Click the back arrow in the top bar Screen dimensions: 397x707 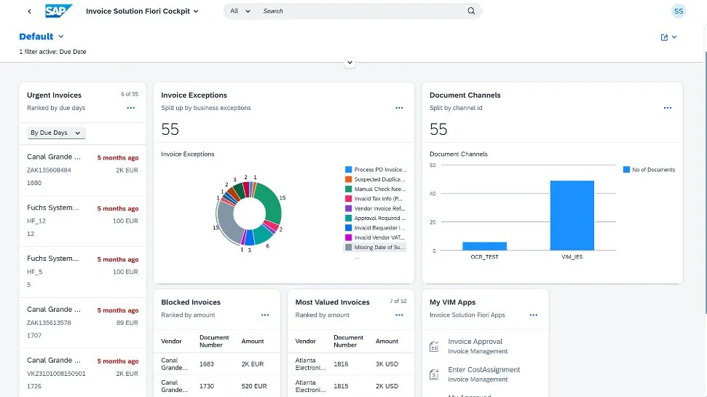tap(29, 12)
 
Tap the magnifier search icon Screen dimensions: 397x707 tap(471, 11)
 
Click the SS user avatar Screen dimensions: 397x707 tap(679, 11)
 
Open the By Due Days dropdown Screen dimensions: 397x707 tap(56, 133)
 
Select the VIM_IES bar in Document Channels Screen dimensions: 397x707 tap(572, 216)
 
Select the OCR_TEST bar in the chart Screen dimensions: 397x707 tap(484, 246)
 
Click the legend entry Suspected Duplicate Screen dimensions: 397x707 tap(379, 179)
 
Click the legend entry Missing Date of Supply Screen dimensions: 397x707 tap(379, 248)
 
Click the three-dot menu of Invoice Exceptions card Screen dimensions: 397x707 tap(399, 108)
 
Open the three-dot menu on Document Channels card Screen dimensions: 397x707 tap(667, 108)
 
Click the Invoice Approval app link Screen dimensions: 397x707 tap(475, 342)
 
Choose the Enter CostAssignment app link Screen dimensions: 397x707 tap(483, 370)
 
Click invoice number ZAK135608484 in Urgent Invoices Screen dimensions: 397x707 tap(49, 170)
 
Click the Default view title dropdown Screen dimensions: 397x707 tap(42, 36)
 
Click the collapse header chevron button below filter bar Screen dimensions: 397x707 tap(349, 63)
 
